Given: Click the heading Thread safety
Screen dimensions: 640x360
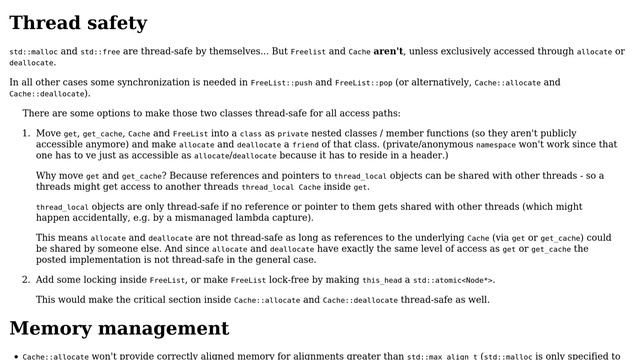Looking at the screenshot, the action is click(x=78, y=22).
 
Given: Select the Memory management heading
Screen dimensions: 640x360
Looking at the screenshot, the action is click(x=119, y=328).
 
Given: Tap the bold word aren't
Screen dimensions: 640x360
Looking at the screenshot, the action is click(x=388, y=51).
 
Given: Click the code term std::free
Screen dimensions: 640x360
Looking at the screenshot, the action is click(x=102, y=51).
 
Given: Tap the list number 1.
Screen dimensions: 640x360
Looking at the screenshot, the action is click(x=26, y=132).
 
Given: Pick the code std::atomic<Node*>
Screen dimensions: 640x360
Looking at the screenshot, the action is click(x=456, y=280).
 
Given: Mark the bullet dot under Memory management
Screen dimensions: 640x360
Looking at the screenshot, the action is click(x=14, y=355).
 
